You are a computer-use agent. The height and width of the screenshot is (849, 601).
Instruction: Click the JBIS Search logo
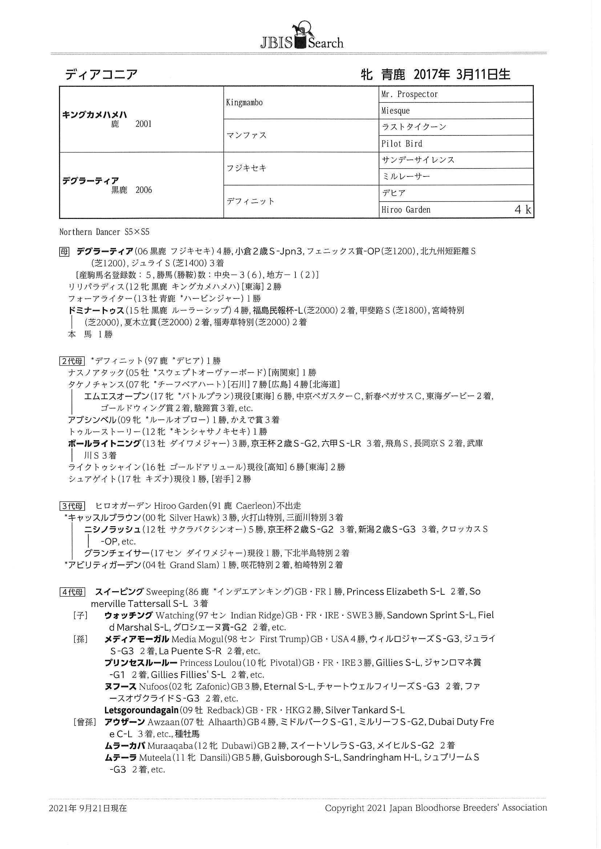click(301, 37)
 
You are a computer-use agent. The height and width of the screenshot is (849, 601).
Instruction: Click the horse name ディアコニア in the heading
click(101, 75)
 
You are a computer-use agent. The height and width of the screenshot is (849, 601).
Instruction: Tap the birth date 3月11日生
click(483, 75)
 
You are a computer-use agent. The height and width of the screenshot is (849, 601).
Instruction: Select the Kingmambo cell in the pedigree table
click(244, 102)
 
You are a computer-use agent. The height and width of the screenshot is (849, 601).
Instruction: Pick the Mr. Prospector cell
click(409, 94)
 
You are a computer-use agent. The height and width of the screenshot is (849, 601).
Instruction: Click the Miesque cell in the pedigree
click(395, 110)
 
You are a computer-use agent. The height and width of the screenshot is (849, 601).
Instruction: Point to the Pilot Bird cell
click(402, 143)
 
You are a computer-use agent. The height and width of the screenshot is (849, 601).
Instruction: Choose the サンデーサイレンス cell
click(418, 160)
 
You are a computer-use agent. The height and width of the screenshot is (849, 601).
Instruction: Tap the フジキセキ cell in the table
click(246, 168)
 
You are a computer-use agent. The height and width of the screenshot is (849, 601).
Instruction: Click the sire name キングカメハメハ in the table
click(95, 115)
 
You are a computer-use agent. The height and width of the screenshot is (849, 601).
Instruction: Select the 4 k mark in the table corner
click(523, 210)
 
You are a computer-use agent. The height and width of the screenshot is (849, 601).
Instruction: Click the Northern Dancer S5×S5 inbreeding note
click(104, 232)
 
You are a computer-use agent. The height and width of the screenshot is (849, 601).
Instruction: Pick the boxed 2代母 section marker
click(72, 361)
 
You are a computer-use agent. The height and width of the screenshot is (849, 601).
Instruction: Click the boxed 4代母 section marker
click(72, 592)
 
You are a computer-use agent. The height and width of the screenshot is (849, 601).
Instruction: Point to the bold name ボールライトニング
click(104, 443)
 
